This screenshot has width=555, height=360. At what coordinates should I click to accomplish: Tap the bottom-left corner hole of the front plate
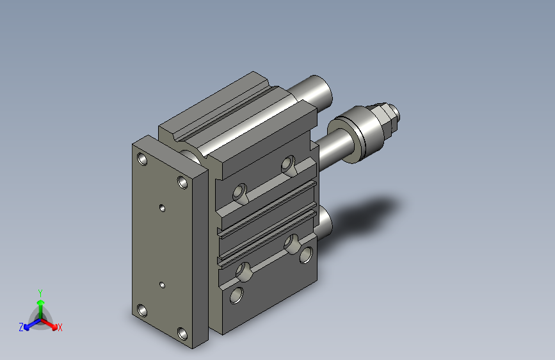pos(142,311)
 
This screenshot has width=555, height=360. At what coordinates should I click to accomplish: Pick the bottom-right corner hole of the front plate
pos(183,333)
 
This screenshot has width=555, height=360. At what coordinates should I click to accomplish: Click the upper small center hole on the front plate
pos(162,208)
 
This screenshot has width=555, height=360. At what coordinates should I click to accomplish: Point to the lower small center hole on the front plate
pos(162,283)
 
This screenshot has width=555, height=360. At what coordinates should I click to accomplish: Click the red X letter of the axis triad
pos(60,328)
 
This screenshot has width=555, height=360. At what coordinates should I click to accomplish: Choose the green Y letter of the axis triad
pos(40,292)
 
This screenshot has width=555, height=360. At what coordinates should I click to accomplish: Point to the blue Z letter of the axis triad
pos(21,327)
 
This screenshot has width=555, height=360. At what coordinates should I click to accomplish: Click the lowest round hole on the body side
pos(237,295)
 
